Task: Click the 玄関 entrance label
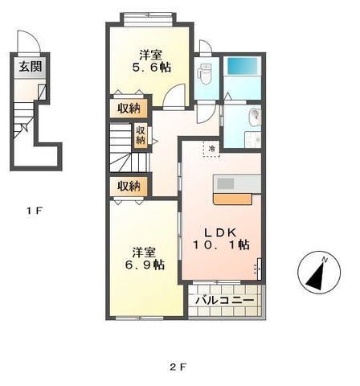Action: pos(31,67)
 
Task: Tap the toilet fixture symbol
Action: pos(205,74)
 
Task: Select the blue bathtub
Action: pos(242,66)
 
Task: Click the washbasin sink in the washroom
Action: pos(255,117)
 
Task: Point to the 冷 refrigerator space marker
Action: pos(212,149)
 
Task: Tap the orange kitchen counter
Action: pos(233,199)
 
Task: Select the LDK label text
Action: pos(220,232)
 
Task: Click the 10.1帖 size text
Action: pos(221,244)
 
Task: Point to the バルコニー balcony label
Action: pos(224,301)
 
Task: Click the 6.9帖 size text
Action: pos(145,265)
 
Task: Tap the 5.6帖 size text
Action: pos(152,67)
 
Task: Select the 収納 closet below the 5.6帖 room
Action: pos(129,109)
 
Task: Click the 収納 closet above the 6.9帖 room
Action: pos(129,187)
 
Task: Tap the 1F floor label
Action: pos(35,211)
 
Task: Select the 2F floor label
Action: pos(178,367)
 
